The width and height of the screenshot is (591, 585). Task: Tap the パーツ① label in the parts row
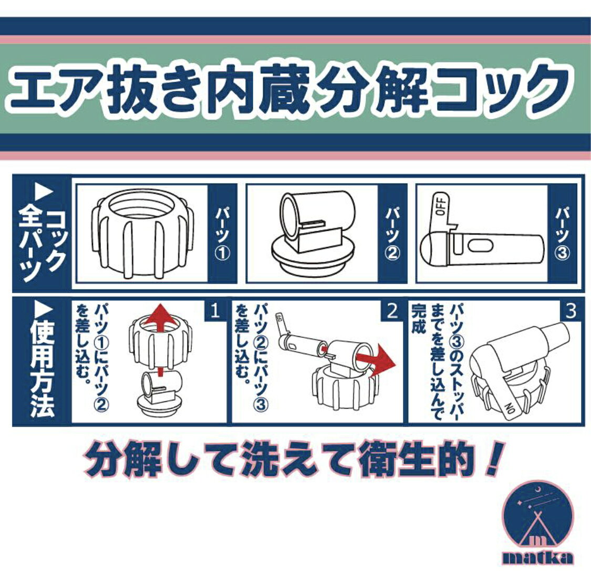[222, 233]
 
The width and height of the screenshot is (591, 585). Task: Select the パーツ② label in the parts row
[392, 233]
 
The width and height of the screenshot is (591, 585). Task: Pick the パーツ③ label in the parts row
[562, 233]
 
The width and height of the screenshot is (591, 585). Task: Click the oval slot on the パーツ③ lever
[480, 246]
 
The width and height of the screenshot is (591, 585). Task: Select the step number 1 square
[215, 311]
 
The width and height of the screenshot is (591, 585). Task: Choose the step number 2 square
[392, 311]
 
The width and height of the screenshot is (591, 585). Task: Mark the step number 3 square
[571, 311]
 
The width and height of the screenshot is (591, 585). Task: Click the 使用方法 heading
[42, 363]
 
